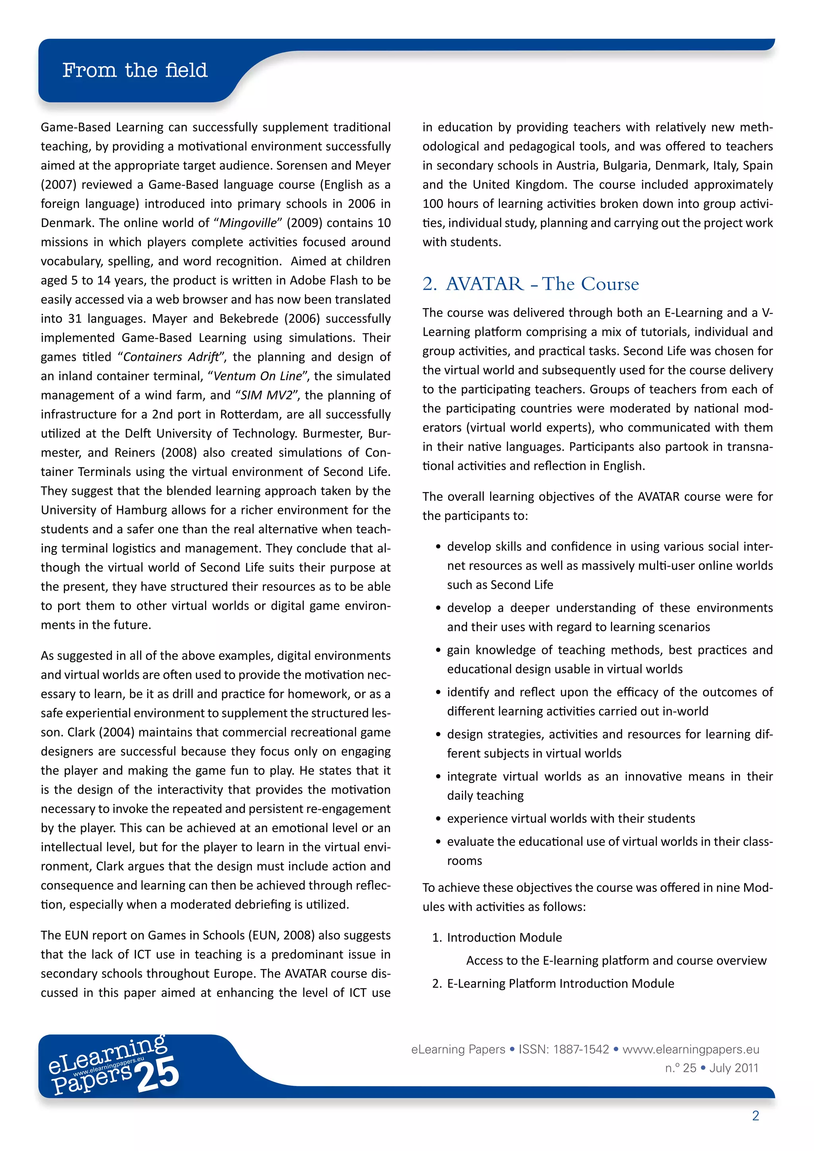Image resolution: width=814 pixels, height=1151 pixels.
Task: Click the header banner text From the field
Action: (x=135, y=70)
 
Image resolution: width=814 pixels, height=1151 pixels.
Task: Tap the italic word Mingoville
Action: (x=248, y=223)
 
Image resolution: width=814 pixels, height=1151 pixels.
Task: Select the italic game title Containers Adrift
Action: (x=171, y=357)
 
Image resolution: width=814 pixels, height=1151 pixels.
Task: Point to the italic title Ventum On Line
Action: (x=258, y=376)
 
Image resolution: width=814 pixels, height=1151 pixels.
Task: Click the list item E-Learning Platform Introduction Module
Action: (x=560, y=984)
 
